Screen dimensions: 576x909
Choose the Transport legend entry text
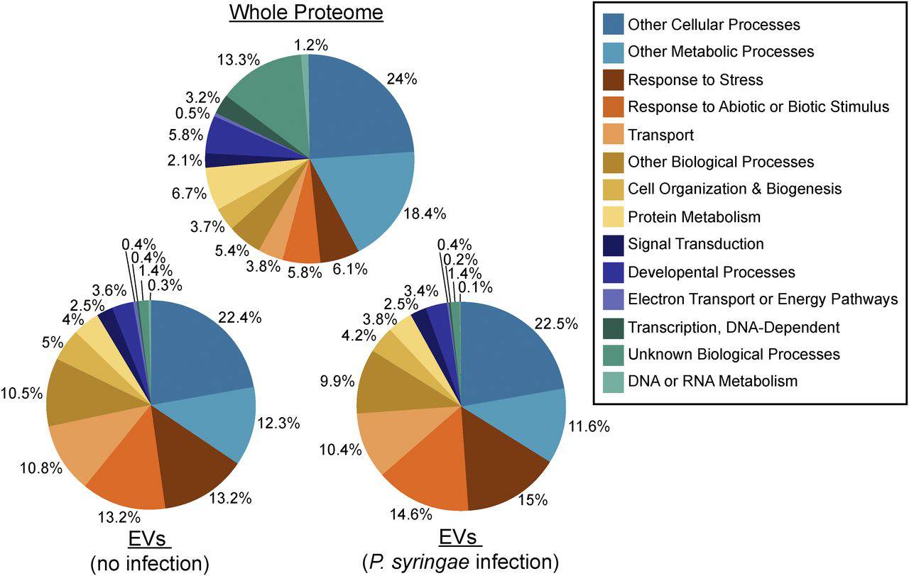pyautogui.click(x=660, y=134)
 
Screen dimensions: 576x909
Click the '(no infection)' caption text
pyautogui.click(x=150, y=563)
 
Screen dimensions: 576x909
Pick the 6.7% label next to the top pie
pyautogui.click(x=189, y=193)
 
